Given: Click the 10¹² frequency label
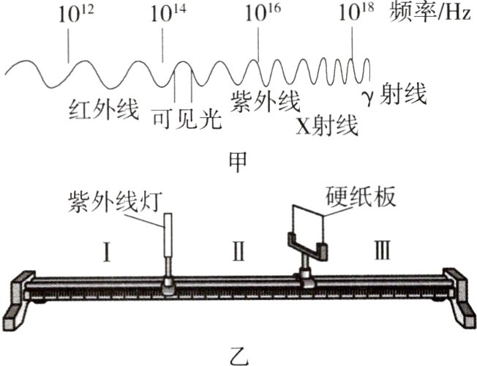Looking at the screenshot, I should [69, 15].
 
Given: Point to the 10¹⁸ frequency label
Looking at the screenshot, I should [353, 15].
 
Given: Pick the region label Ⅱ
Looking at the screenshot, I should [239, 253].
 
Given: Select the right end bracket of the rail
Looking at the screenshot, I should [459, 298].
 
